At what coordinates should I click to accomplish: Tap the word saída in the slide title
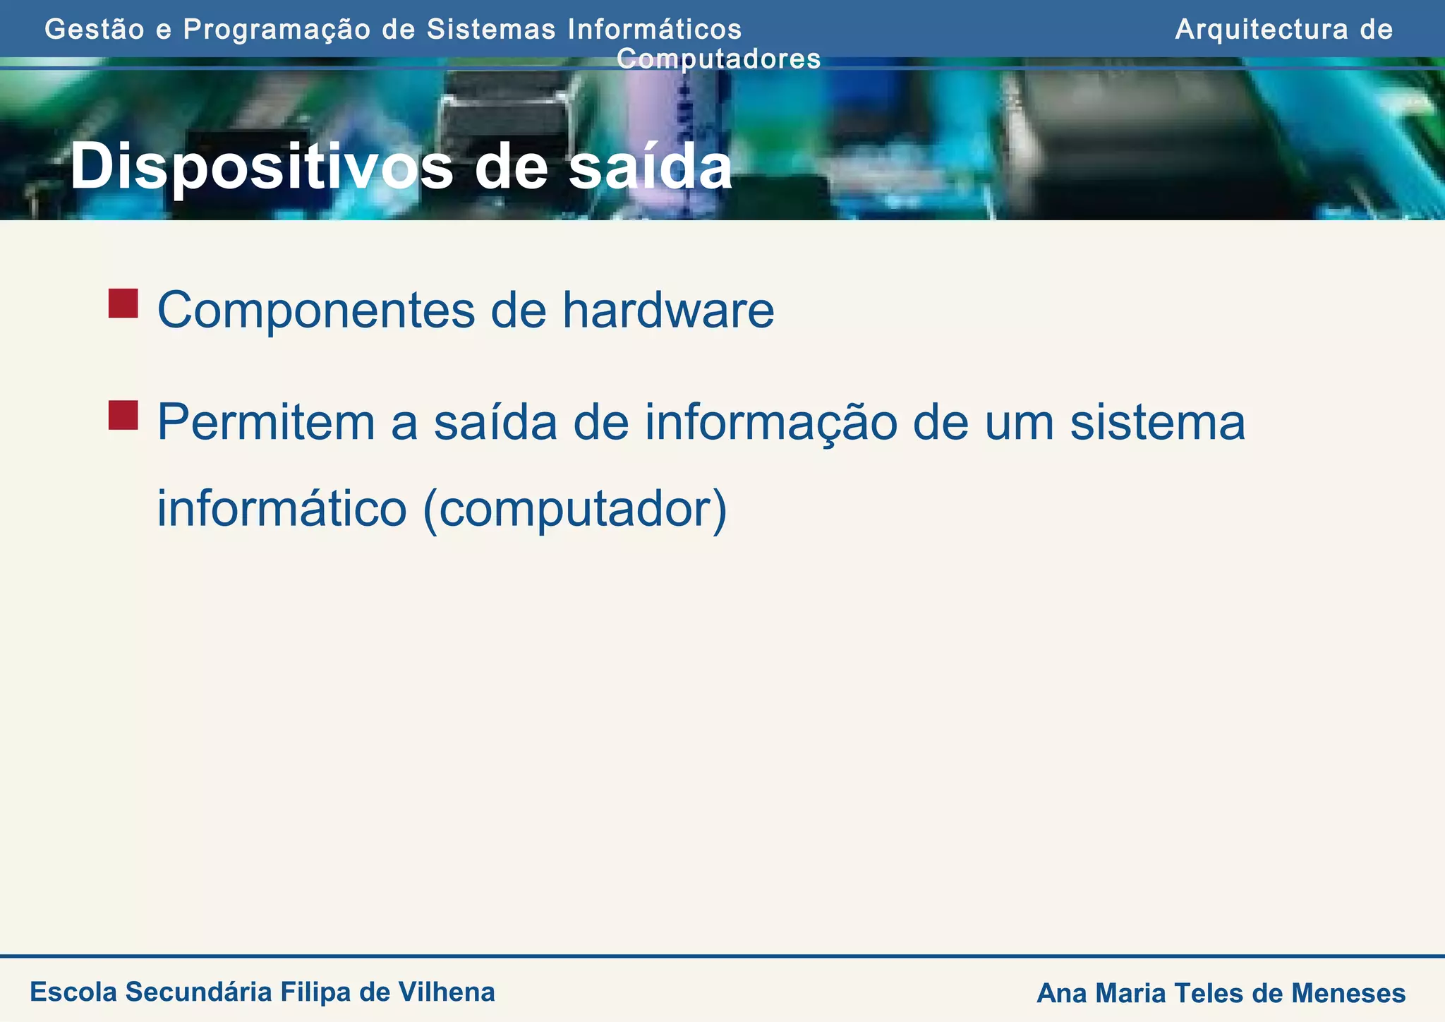coord(650,168)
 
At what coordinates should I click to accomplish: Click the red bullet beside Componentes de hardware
coord(123,303)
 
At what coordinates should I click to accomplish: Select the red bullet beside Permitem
coord(123,415)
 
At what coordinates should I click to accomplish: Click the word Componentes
coord(315,311)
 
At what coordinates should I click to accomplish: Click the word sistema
coord(1157,423)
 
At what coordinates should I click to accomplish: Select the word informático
coord(282,510)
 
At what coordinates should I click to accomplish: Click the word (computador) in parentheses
coord(574,510)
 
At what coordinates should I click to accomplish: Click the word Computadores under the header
coord(718,59)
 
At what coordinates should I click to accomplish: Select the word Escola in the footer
coord(73,992)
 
